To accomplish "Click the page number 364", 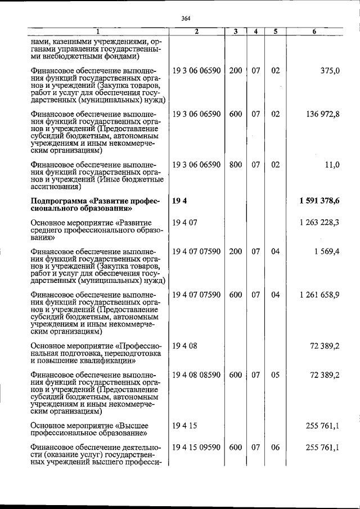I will pos(186,17).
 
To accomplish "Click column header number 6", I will pos(314,31).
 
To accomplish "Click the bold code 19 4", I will pos(179,201).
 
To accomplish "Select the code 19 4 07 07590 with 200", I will pos(196,251).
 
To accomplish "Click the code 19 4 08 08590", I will pos(196,374).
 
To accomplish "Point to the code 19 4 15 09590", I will pos(196,447).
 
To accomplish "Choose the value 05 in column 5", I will pos(275,374).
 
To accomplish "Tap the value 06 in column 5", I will pos(275,447).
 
